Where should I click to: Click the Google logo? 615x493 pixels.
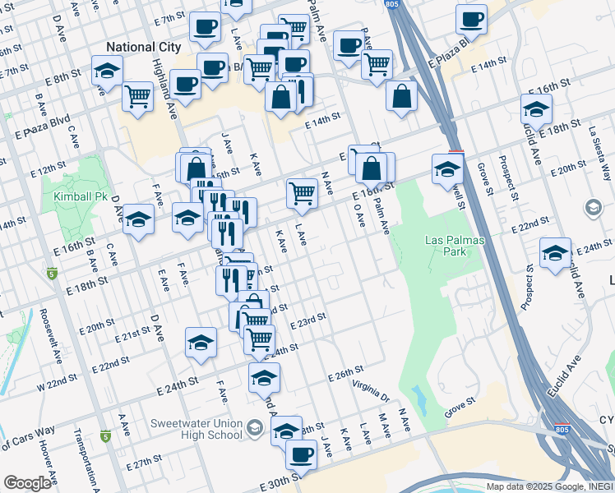[27, 483]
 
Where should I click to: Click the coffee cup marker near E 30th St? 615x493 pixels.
[300, 453]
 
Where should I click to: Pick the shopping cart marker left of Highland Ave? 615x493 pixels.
[137, 95]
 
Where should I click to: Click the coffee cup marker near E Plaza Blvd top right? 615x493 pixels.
[472, 18]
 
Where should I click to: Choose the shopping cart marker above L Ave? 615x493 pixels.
[302, 192]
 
